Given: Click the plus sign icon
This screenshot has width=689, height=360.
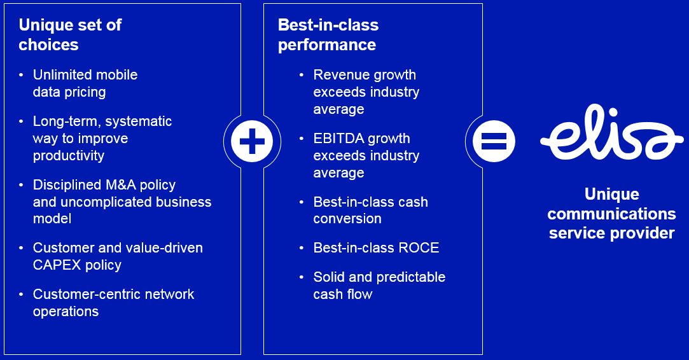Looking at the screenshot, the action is pyautogui.click(x=252, y=141).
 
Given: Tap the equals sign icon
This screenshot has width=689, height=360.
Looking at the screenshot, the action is pyautogui.click(x=494, y=141).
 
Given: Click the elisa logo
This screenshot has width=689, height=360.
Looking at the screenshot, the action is pyautogui.click(x=611, y=132).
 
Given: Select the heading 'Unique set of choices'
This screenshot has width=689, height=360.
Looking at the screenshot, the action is pyautogui.click(x=71, y=35).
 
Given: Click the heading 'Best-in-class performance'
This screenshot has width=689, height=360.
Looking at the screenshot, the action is pyautogui.click(x=328, y=35).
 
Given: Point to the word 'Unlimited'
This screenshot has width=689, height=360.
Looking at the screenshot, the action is pyautogui.click(x=62, y=74).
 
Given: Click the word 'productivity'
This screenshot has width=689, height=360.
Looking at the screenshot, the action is pyautogui.click(x=69, y=156).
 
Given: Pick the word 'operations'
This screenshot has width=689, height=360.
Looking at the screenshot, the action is pyautogui.click(x=66, y=312).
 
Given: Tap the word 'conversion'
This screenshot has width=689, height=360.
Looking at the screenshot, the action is pyautogui.click(x=347, y=219).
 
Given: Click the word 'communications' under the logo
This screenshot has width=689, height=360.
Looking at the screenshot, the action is pyautogui.click(x=611, y=214).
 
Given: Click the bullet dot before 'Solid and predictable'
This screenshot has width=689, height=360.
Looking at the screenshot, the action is pyautogui.click(x=302, y=277).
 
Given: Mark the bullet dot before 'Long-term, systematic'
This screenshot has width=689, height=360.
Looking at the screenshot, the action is pyautogui.click(x=21, y=121).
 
